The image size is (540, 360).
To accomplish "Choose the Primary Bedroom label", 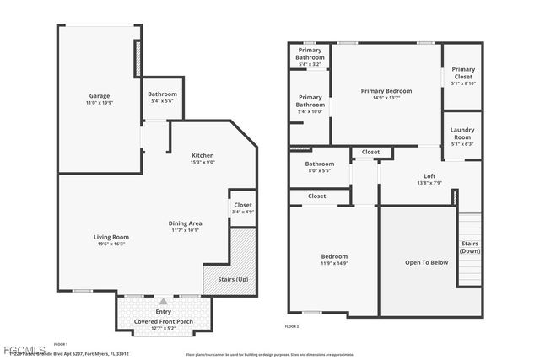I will tap(386, 94).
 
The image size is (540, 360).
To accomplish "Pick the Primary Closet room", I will tap(462, 76).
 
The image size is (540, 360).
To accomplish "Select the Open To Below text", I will tap(426, 262).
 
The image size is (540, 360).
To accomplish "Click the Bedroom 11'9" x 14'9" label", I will tap(333, 260).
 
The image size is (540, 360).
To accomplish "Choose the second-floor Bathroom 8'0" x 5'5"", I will tap(320, 167).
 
